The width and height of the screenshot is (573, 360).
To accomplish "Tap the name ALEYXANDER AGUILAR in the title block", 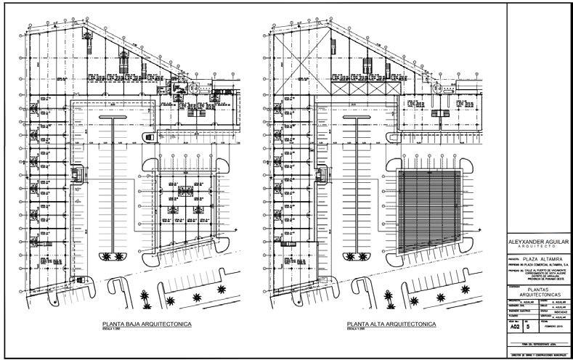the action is pyautogui.click(x=539, y=241).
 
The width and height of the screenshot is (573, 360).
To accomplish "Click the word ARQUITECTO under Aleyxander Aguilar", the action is pyautogui.click(x=539, y=247).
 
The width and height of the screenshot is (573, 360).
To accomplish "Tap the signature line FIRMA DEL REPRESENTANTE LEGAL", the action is pyautogui.click(x=539, y=342).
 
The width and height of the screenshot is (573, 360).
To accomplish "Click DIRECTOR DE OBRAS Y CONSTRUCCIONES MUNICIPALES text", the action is pyautogui.click(x=539, y=355).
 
